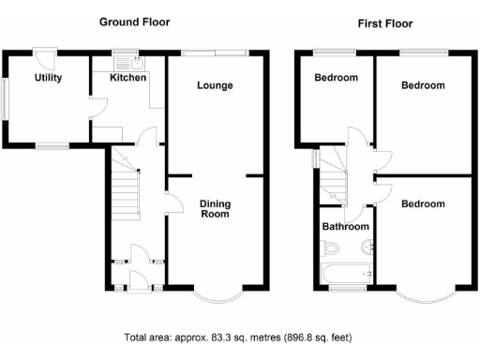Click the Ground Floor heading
click(x=135, y=22)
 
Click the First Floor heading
click(x=384, y=23)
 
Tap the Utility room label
click(x=49, y=78)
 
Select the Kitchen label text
click(x=129, y=78)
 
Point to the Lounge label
click(x=215, y=85)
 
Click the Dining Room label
click(x=215, y=208)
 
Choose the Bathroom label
click(x=346, y=227)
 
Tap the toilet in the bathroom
click(x=328, y=248)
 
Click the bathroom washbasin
click(x=367, y=248)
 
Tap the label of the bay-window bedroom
click(x=423, y=203)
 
